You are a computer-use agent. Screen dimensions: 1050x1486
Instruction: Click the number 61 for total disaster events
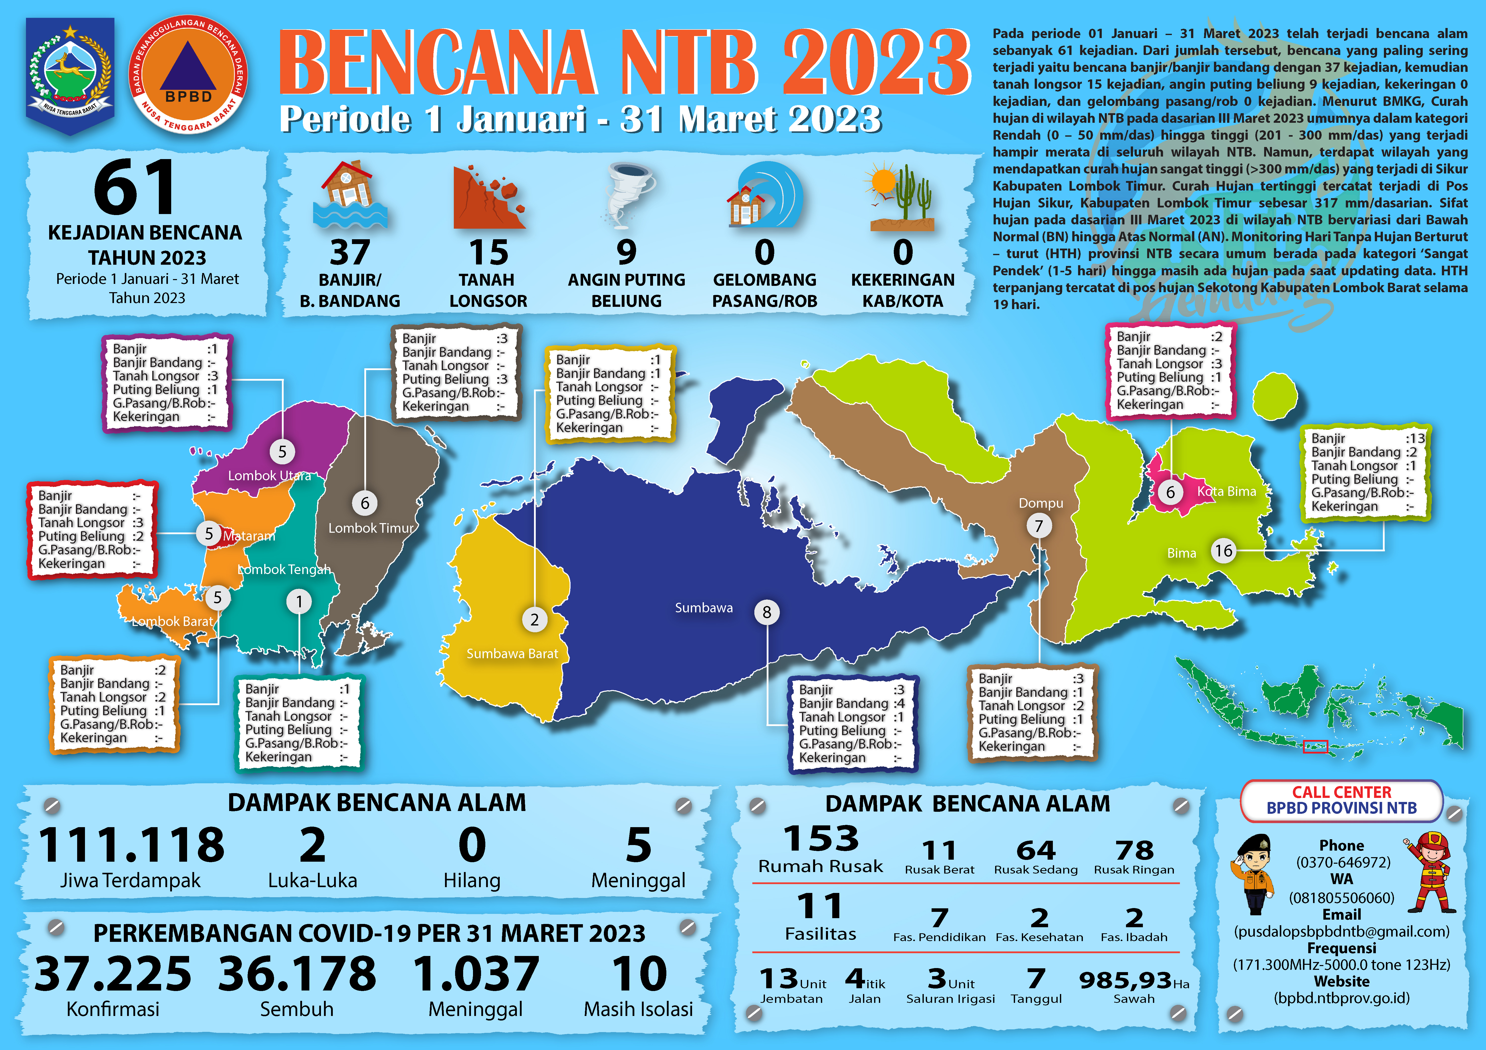[135, 188]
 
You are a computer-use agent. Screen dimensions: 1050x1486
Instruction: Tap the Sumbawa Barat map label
[512, 654]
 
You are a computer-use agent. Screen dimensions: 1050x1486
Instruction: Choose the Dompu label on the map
[1041, 503]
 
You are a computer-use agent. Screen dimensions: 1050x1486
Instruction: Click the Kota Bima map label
[1227, 491]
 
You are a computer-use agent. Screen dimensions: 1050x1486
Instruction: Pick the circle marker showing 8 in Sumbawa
[767, 612]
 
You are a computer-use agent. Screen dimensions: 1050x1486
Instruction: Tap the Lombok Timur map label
[370, 528]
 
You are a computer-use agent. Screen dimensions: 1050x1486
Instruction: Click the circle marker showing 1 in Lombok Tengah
[299, 602]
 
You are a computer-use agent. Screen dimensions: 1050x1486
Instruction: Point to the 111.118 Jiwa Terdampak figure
[131, 845]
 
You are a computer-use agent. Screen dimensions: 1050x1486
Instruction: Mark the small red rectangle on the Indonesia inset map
[1315, 746]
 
